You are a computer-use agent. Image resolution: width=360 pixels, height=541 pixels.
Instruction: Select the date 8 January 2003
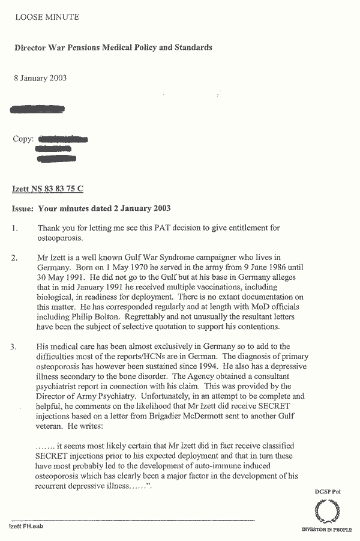40,78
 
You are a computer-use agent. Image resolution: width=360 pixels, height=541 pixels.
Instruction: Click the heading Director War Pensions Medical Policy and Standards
113,47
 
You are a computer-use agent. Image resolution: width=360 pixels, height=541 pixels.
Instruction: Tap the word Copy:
23,139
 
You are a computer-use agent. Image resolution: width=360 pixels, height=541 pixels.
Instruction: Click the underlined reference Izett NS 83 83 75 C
48,189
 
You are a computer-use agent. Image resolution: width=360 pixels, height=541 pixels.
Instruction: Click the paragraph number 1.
16,228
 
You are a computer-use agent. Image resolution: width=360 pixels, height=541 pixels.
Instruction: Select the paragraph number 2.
16,257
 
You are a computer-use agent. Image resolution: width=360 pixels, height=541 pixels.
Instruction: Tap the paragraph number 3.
16,347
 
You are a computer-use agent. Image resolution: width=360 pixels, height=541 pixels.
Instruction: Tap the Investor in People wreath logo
326,512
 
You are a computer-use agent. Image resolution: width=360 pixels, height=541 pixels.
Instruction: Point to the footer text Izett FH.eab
26,526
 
